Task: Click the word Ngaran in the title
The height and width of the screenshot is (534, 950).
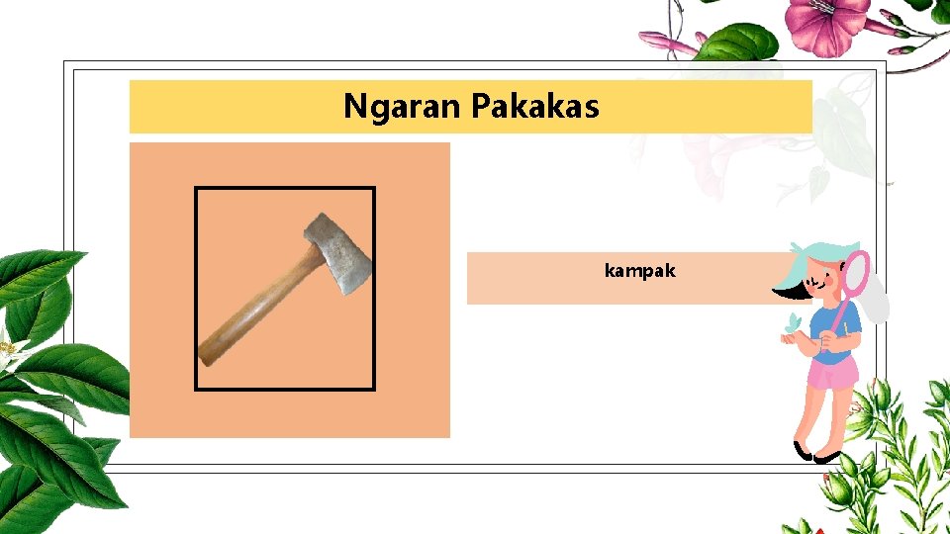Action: click(402, 106)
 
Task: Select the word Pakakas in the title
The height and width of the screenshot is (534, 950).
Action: click(535, 106)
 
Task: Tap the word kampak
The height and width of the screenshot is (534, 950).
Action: click(639, 269)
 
